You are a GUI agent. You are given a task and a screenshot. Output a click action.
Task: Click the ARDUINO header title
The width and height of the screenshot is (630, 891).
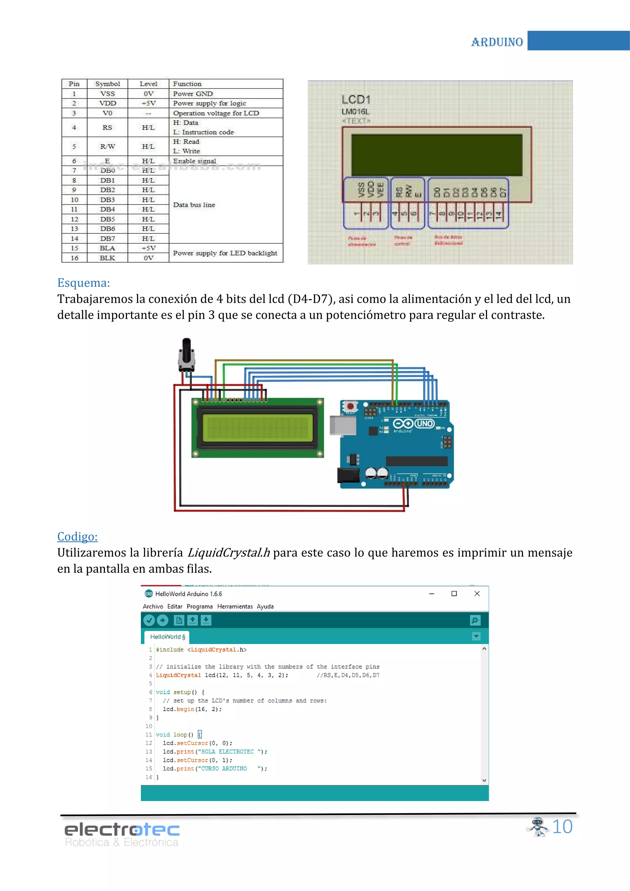click(497, 42)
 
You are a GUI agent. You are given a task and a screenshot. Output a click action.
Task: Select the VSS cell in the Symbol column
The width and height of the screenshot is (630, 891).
click(107, 94)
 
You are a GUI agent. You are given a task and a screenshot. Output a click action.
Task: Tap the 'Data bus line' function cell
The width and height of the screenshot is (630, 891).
click(194, 205)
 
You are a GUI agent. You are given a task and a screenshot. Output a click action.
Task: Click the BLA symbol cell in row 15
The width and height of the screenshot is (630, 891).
click(107, 248)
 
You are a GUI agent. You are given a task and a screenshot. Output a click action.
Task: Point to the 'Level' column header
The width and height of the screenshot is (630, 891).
click(148, 84)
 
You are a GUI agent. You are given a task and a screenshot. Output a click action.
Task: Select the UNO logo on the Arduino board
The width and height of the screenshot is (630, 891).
click(425, 423)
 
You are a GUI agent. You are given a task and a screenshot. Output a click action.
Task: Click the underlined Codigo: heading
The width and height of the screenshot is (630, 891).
click(77, 536)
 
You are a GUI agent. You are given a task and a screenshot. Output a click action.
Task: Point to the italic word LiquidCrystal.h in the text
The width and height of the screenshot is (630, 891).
click(229, 553)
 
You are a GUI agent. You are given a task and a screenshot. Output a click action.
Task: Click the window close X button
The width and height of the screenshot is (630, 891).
click(477, 593)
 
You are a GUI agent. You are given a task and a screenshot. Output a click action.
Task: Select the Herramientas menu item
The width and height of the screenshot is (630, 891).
click(235, 606)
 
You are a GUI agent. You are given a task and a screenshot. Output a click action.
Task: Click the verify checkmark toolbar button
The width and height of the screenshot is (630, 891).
click(149, 620)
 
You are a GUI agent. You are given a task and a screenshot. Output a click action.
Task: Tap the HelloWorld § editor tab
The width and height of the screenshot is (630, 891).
click(167, 637)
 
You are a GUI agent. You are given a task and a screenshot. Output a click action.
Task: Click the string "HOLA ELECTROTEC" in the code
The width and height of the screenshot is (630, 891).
click(227, 751)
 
